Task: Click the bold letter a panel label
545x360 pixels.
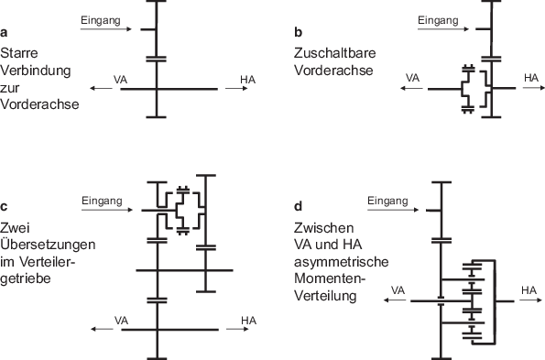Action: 5,36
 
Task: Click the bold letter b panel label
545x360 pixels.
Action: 298,34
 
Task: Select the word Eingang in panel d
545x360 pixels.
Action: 387,200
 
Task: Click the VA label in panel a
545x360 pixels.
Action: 121,81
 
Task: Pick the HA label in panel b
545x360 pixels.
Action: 530,79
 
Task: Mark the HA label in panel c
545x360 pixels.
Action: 248,320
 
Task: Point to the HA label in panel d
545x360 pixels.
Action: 529,290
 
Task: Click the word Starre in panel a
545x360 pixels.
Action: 18,53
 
